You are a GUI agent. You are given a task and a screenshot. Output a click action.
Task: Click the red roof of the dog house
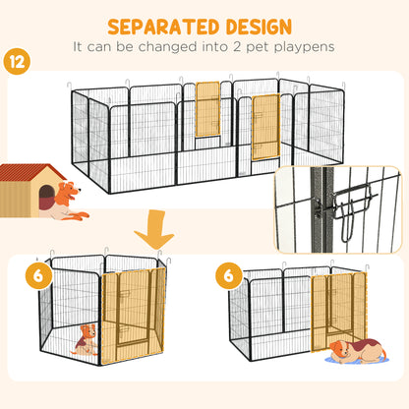pos(30,174)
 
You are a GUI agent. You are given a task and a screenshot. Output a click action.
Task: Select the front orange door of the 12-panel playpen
pos(265,127)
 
